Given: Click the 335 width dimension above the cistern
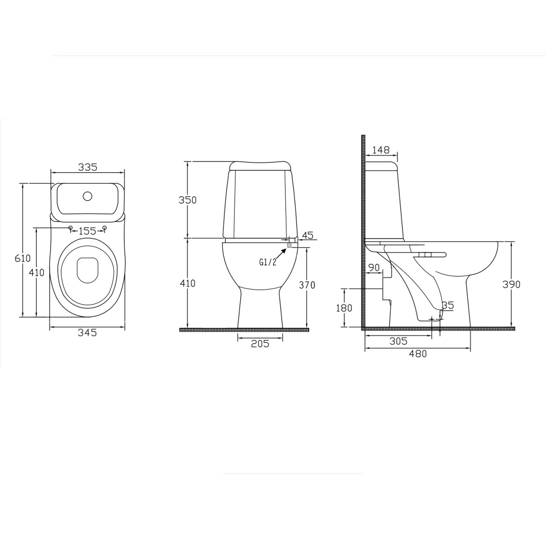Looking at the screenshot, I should point(87,167).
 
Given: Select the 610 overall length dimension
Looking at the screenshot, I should point(23,258).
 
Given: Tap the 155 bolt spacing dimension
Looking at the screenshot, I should point(87,231).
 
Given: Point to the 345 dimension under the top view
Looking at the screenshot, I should point(87,333).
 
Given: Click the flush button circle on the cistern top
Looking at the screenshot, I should point(87,197).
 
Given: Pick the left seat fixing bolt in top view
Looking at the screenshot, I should point(70,227).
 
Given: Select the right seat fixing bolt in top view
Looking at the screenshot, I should point(105,227).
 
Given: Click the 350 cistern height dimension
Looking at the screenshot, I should point(187,200).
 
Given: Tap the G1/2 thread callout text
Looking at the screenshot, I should point(268,262).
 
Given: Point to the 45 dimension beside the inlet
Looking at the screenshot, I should point(308,235).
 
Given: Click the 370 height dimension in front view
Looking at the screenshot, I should point(306,285).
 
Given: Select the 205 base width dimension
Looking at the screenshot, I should point(260,344).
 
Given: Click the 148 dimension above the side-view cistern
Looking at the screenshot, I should point(381,150).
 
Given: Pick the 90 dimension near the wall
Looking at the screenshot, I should point(374,268).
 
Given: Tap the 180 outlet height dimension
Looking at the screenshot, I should point(344,308).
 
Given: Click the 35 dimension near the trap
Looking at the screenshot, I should point(448,306).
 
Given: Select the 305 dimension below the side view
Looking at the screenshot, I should point(398,341).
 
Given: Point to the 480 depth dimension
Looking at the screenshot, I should point(418,354).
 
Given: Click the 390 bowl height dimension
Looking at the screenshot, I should point(511,284).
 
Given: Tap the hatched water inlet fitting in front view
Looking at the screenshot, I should point(289,244).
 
